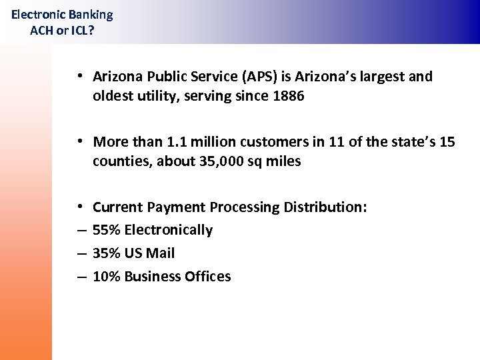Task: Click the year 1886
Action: pyautogui.click(x=288, y=96)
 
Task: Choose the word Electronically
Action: pyautogui.click(x=169, y=230)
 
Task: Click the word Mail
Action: pyautogui.click(x=160, y=253)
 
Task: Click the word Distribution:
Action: pyautogui.click(x=325, y=207)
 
